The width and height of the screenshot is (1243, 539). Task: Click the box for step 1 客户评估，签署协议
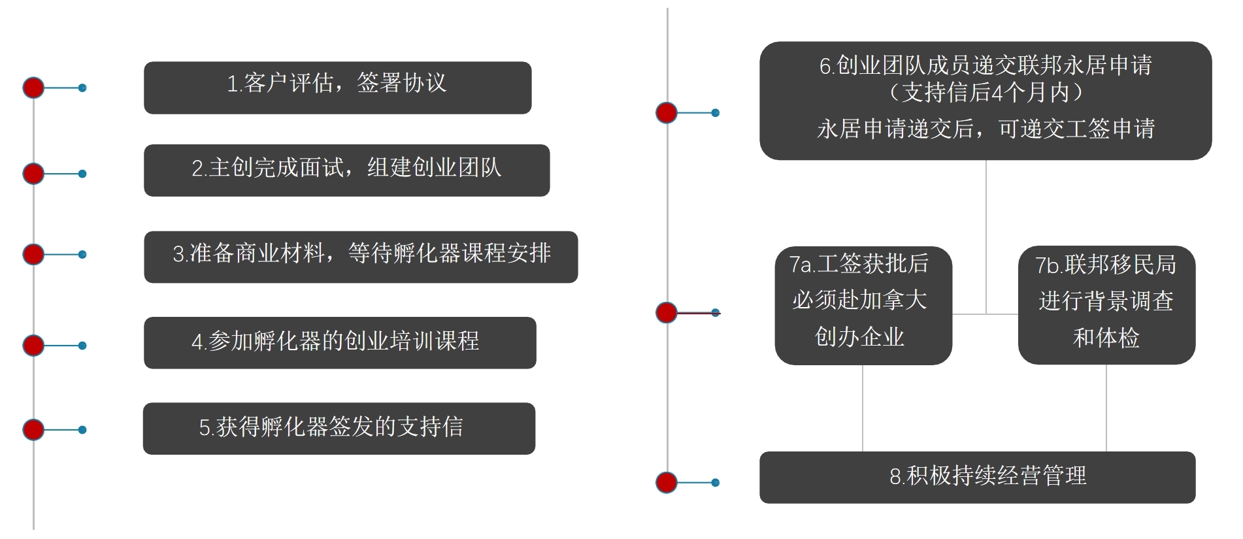point(337,88)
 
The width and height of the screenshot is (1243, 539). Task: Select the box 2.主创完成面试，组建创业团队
point(346,170)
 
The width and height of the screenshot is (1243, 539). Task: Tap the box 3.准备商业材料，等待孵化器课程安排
point(361,257)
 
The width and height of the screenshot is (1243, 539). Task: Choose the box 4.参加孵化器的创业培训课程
point(340,342)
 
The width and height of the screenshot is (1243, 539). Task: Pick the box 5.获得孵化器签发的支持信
point(339,428)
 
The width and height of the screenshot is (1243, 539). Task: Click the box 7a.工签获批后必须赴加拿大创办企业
point(863,305)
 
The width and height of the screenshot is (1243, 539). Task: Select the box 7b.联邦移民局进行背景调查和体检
point(1106,305)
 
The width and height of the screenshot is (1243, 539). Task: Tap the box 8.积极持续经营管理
point(977,477)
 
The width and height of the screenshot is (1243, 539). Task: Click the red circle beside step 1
point(33,88)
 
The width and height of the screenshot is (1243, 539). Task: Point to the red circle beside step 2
point(33,174)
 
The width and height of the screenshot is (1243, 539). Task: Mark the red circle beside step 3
point(33,254)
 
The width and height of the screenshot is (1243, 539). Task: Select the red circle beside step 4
point(33,345)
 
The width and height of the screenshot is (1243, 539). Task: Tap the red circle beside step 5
point(33,430)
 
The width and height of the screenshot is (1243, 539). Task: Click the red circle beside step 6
point(667,113)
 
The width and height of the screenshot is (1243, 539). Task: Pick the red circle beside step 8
point(667,483)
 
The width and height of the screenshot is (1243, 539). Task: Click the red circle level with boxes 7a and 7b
point(667,312)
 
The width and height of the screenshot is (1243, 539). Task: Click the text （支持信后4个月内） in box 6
point(986,93)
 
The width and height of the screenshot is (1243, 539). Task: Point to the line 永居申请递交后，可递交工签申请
point(986,129)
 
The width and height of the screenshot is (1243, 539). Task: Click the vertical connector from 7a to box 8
point(863,408)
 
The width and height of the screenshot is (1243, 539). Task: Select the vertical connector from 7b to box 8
point(1106,408)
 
